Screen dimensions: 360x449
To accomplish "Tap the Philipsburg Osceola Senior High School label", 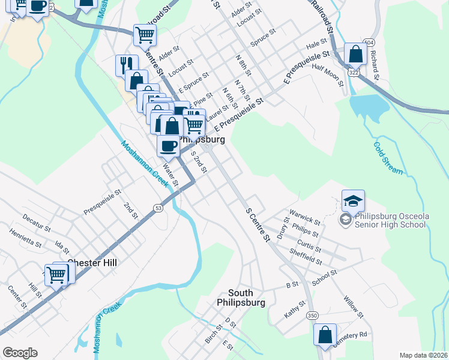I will tap(390, 220).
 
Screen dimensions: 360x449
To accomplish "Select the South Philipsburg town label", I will tap(240, 298).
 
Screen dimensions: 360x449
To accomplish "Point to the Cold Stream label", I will tap(388, 158).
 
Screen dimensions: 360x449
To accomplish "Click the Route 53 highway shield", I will tap(158, 208).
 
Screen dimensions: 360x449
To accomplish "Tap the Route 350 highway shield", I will tap(312, 315).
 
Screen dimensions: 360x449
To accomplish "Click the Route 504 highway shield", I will tap(369, 43).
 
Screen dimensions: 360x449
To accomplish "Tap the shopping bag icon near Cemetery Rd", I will tap(325, 336).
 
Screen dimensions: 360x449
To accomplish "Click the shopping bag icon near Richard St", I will tap(355, 54).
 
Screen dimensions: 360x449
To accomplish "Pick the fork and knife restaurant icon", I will tap(126, 64).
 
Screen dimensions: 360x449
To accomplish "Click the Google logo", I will tap(20, 353).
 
